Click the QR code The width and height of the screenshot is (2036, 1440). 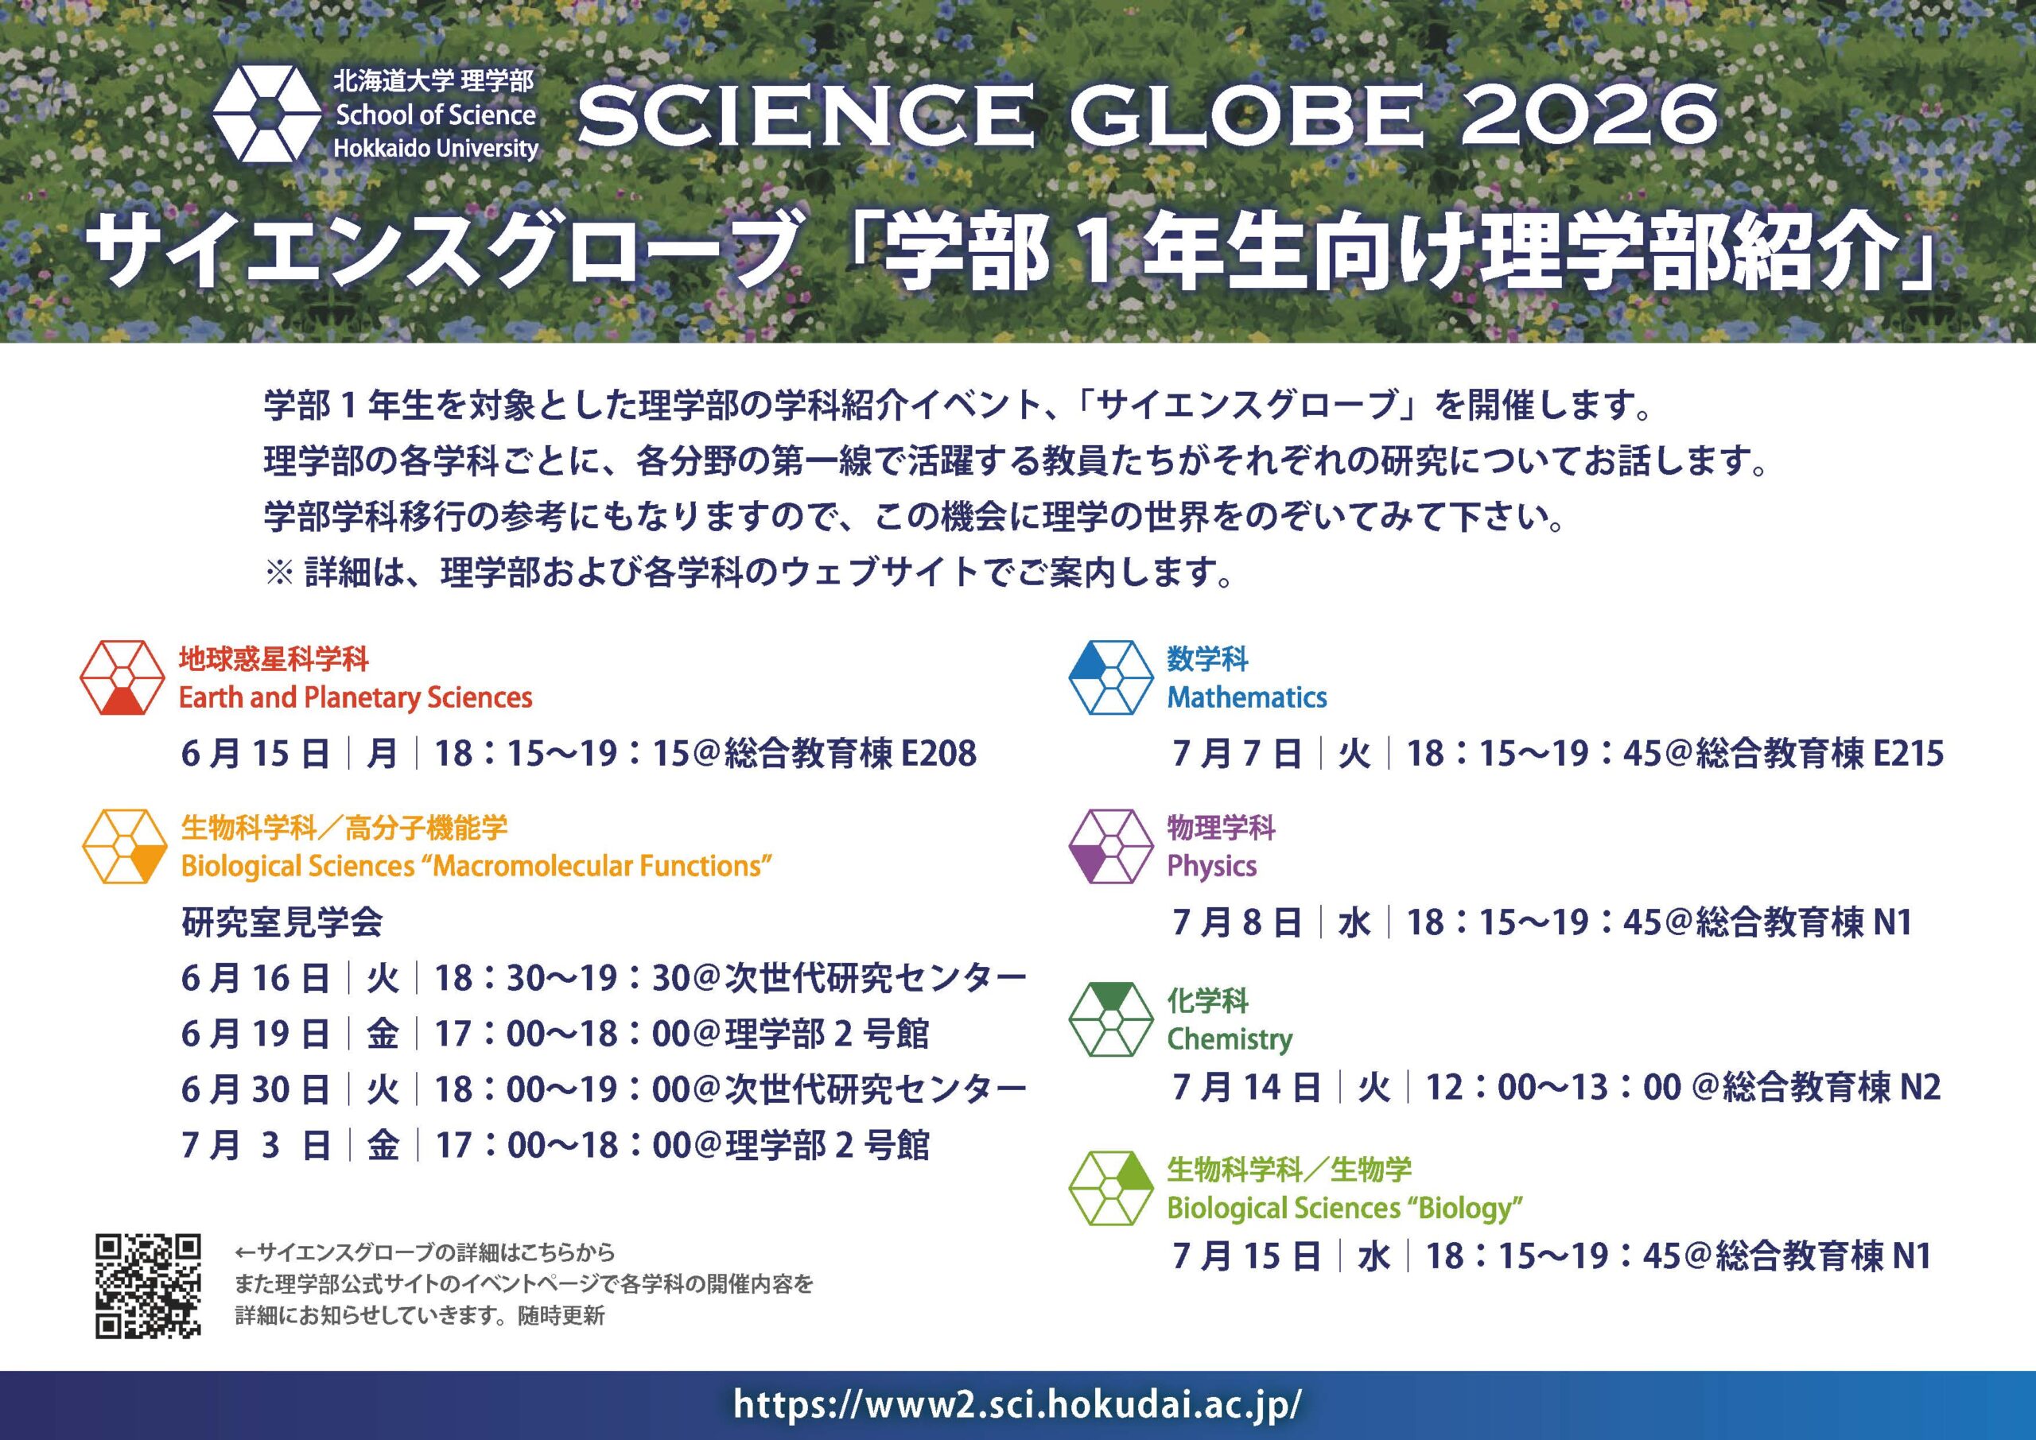tap(148, 1286)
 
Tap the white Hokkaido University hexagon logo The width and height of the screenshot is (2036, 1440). tap(264, 115)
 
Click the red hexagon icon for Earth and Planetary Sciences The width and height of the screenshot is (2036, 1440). tap(122, 677)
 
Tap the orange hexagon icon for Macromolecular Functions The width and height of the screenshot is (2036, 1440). tap(125, 846)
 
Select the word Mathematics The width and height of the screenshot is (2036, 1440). tap(1247, 698)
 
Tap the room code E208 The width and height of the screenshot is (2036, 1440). tap(938, 754)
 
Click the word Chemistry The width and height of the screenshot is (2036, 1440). tap(1229, 1039)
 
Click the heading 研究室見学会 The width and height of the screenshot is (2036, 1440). tap(282, 923)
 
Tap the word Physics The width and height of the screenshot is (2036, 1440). tap(1211, 866)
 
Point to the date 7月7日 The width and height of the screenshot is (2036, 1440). tap(1237, 754)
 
